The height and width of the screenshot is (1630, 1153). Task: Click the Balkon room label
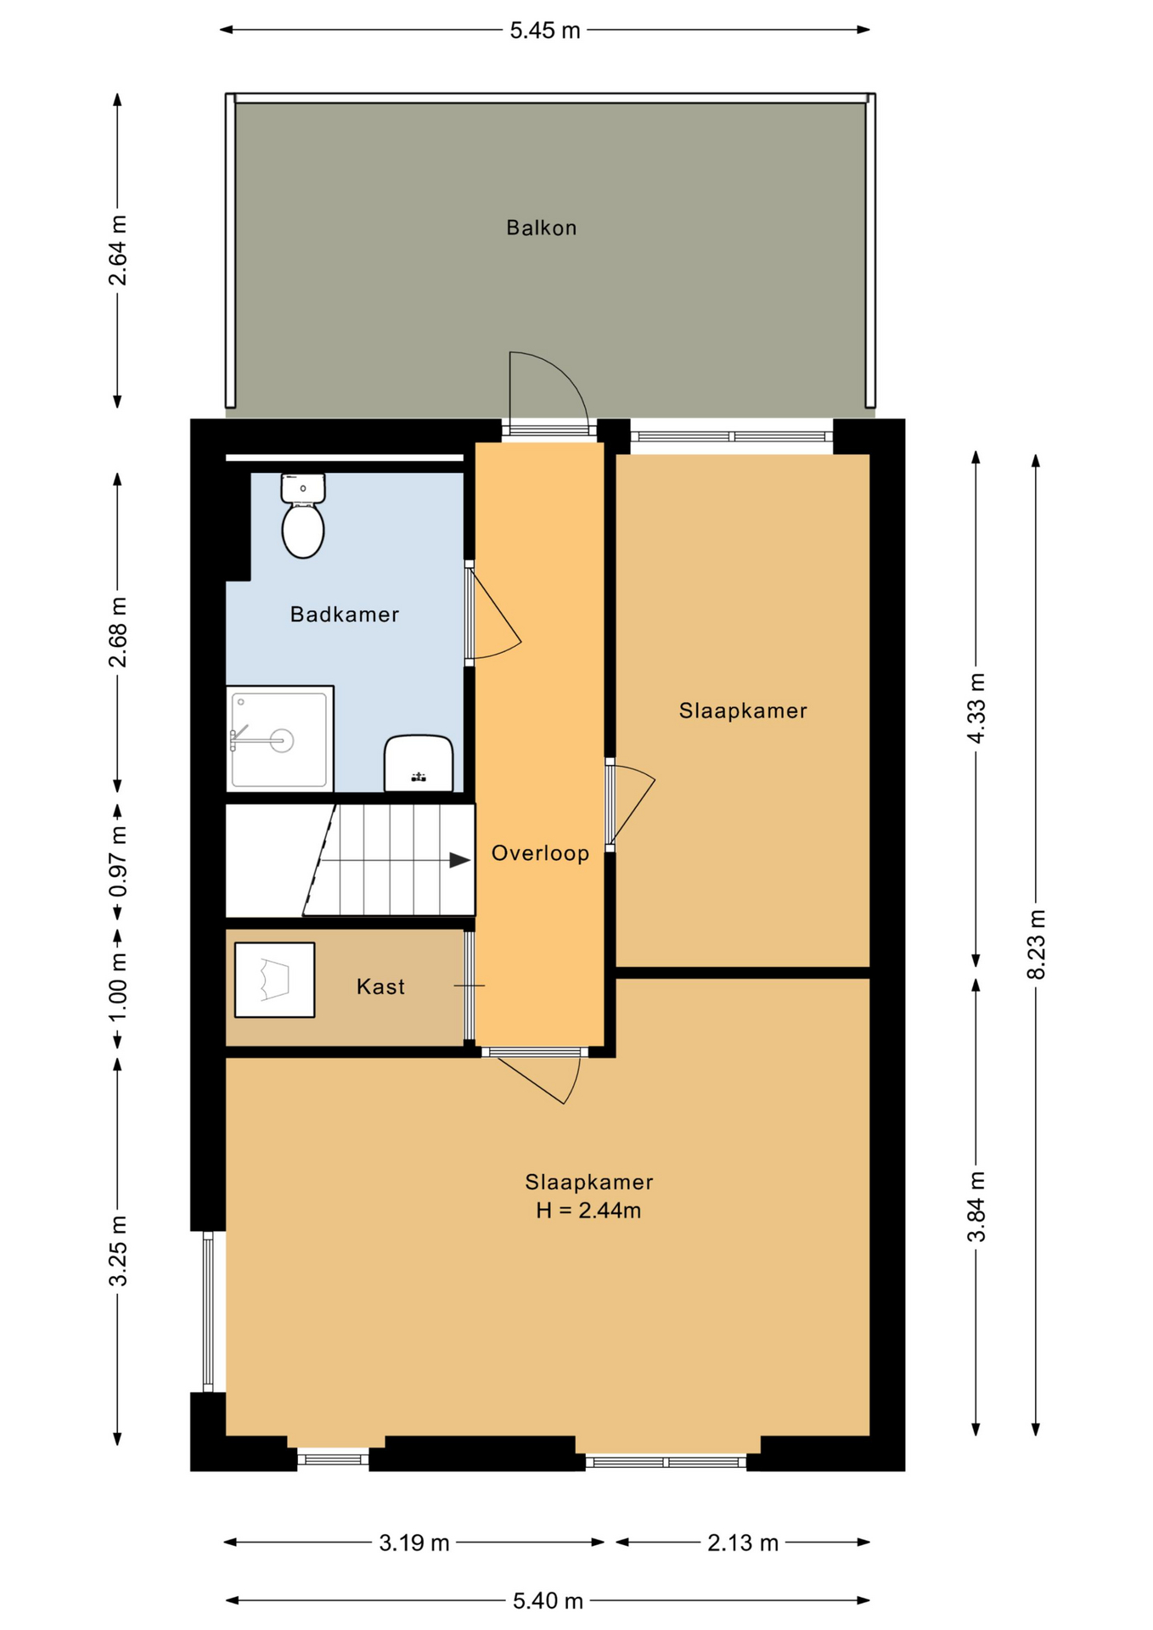tap(542, 228)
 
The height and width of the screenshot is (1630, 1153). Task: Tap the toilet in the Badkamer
tap(303, 516)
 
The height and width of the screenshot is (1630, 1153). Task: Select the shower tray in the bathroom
tap(279, 739)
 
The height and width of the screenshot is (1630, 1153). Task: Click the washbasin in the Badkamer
tap(418, 763)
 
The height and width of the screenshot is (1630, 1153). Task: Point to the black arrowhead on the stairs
tap(460, 860)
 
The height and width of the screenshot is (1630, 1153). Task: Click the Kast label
tap(380, 986)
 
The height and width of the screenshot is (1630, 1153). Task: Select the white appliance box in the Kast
tap(275, 980)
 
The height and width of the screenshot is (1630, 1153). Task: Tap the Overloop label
tap(540, 853)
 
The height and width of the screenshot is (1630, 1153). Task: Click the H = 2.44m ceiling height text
tap(588, 1211)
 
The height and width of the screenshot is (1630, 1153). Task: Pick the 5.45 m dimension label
tap(545, 31)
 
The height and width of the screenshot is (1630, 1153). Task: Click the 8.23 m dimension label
tap(1037, 944)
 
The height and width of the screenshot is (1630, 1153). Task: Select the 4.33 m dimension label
tap(976, 708)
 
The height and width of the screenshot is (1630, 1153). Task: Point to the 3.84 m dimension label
tap(976, 1206)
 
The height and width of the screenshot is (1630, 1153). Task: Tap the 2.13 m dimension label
tap(743, 1543)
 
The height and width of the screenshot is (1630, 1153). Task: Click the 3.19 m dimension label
tap(414, 1543)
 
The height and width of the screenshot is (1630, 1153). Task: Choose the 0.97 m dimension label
tap(118, 862)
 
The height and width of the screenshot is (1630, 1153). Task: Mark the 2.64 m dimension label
tap(118, 250)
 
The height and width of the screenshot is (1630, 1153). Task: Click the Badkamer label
tap(345, 615)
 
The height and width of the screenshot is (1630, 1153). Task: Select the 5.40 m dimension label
tap(548, 1600)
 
